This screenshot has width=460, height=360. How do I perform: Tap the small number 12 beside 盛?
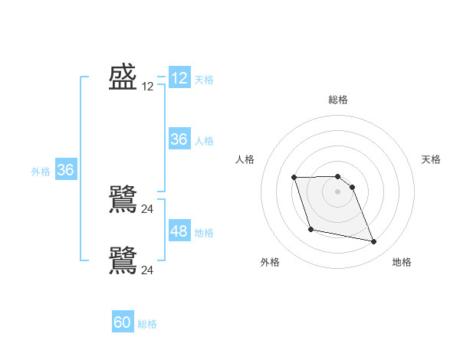[x=148, y=87]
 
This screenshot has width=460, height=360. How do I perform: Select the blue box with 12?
[x=179, y=78]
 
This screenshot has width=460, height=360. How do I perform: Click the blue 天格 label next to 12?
[x=204, y=79]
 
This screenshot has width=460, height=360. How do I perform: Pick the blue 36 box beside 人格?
[x=179, y=139]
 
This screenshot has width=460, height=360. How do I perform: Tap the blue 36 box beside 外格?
[x=65, y=170]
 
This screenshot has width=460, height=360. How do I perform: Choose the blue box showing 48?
[x=179, y=231]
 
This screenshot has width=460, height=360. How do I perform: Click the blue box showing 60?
[x=123, y=322]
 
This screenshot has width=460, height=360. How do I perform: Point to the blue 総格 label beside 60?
[x=147, y=324]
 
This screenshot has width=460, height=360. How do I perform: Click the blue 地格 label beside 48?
[x=204, y=233]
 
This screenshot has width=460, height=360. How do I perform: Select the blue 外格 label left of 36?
[x=41, y=172]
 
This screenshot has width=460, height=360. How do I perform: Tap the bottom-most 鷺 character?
[x=123, y=260]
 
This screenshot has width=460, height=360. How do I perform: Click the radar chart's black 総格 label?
[x=338, y=100]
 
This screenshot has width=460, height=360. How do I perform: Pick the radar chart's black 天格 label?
[x=431, y=159]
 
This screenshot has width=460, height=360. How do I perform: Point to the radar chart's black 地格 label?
[x=402, y=262]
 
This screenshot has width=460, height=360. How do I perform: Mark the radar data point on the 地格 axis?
[x=374, y=242]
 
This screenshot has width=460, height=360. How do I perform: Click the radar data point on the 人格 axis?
[x=294, y=178]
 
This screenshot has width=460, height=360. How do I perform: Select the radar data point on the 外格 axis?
[x=310, y=229]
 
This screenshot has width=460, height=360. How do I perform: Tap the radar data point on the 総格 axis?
[x=338, y=176]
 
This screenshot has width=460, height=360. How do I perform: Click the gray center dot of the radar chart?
[x=338, y=191]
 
